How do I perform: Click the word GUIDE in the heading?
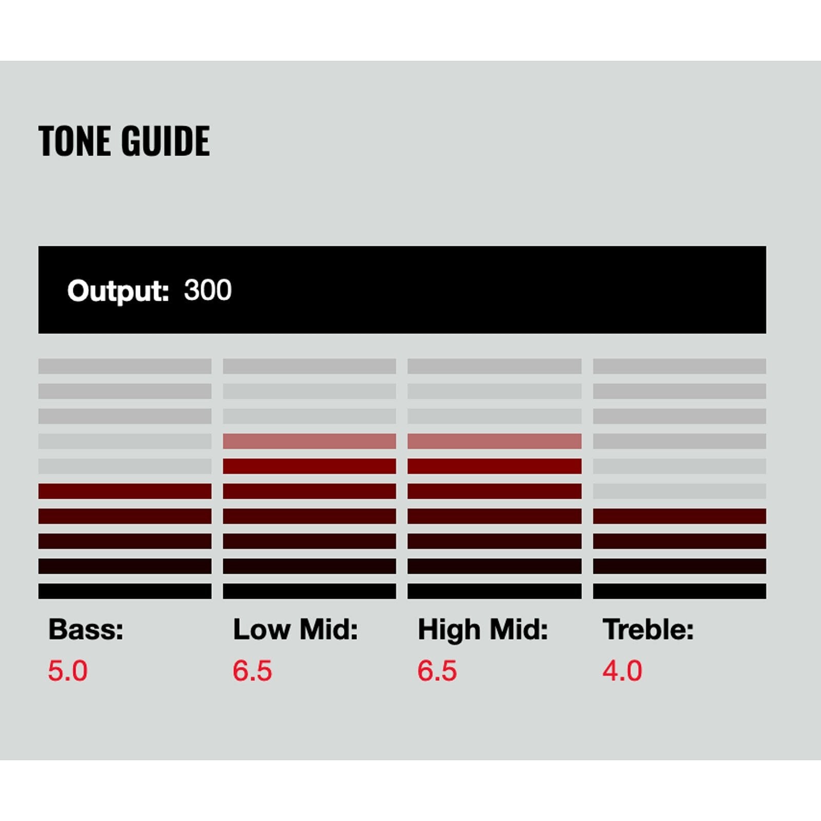pyautogui.click(x=166, y=141)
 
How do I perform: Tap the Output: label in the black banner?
pyautogui.click(x=118, y=291)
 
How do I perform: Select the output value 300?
pyautogui.click(x=208, y=290)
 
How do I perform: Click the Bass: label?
pyautogui.click(x=86, y=629)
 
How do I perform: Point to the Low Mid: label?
pyautogui.click(x=295, y=629)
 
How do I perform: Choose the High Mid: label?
pyautogui.click(x=483, y=630)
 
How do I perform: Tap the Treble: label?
pyautogui.click(x=648, y=629)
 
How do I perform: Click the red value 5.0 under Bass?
pyautogui.click(x=68, y=671)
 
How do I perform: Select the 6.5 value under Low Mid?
pyautogui.click(x=252, y=671)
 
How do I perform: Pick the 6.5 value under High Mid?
pyautogui.click(x=437, y=671)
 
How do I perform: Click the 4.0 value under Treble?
pyautogui.click(x=622, y=671)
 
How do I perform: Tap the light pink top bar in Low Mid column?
pyautogui.click(x=309, y=441)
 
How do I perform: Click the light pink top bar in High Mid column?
pyautogui.click(x=495, y=441)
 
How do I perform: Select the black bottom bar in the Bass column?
pyautogui.click(x=125, y=591)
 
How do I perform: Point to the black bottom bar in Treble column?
pyautogui.click(x=679, y=591)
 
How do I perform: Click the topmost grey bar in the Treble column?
pyautogui.click(x=679, y=366)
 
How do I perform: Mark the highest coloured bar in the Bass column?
pyautogui.click(x=125, y=491)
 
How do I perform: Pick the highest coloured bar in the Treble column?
pyautogui.click(x=679, y=516)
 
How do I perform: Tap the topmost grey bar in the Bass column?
pyautogui.click(x=125, y=366)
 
